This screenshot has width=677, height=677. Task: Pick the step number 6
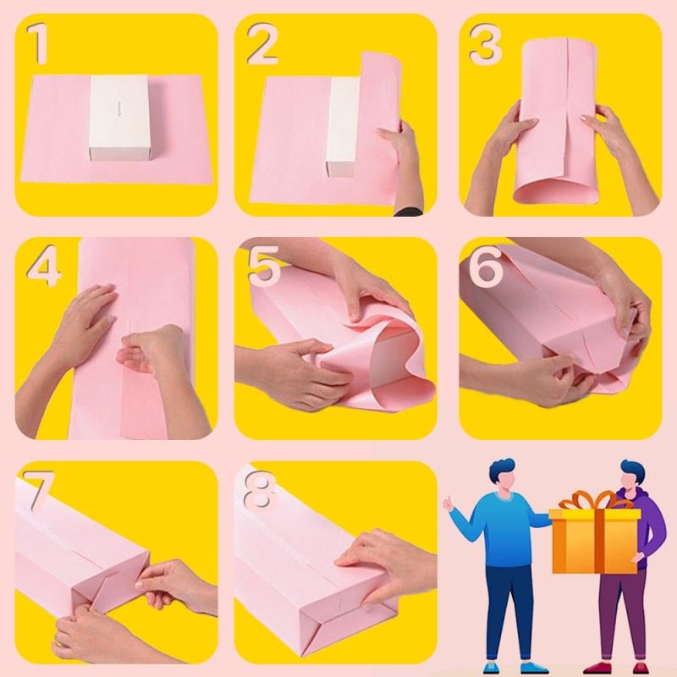[486, 269]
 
